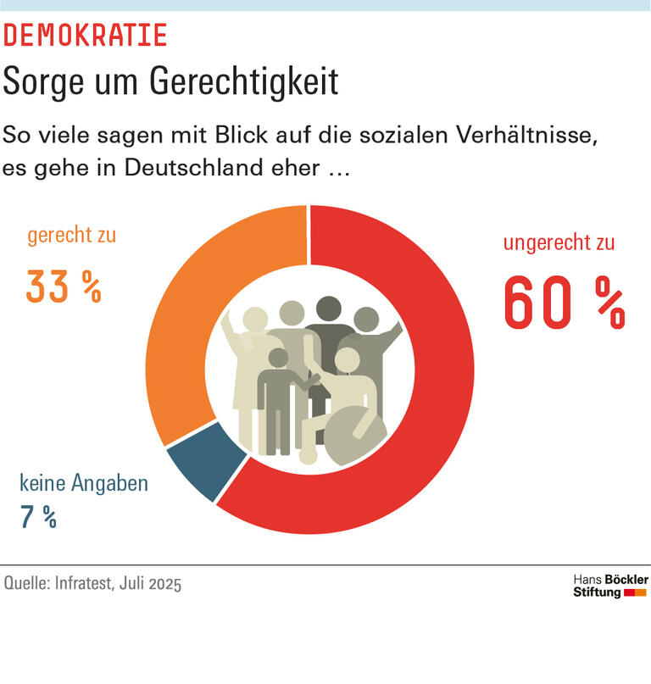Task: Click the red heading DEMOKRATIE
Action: pyautogui.click(x=86, y=36)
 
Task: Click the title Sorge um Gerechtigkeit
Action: pyautogui.click(x=170, y=82)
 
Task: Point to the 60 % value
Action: pyautogui.click(x=565, y=303)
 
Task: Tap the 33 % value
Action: pyautogui.click(x=64, y=286)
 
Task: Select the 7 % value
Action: pyautogui.click(x=38, y=517)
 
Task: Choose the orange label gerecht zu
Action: pyautogui.click(x=71, y=236)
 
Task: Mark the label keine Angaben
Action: pyautogui.click(x=84, y=484)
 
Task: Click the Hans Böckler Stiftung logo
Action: pyautogui.click(x=609, y=585)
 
